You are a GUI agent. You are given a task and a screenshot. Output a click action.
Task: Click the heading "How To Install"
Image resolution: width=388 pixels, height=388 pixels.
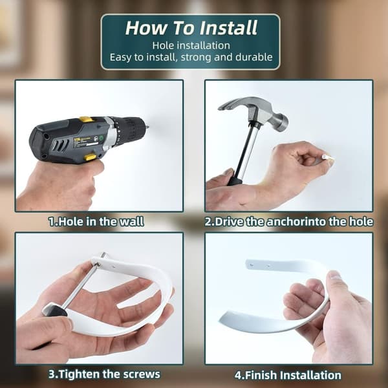[191, 28]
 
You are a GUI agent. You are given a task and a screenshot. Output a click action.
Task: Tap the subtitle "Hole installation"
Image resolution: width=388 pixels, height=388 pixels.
[191, 45]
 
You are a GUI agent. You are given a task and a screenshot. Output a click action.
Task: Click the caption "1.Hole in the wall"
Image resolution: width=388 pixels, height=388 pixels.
[96, 221]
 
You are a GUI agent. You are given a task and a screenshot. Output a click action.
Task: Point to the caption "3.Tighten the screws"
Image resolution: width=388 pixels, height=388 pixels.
[104, 374]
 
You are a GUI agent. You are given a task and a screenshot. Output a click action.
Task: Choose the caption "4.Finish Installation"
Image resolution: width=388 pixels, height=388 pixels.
[288, 375]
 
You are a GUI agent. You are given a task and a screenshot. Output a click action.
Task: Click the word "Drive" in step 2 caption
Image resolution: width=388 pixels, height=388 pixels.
[229, 221]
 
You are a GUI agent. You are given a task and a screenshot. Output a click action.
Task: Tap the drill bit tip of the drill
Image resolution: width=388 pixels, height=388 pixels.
[147, 127]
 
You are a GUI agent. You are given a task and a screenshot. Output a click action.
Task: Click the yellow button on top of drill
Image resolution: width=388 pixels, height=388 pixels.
[87, 119]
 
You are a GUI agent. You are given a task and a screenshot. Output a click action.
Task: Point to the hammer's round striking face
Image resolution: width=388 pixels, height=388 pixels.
[283, 122]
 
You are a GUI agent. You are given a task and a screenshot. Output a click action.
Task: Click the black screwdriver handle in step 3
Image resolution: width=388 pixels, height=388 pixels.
[55, 310]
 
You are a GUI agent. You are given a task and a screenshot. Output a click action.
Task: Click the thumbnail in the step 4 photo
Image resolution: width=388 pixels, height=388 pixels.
[334, 275]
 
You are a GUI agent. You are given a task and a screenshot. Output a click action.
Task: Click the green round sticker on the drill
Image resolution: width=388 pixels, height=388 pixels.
[102, 138]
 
